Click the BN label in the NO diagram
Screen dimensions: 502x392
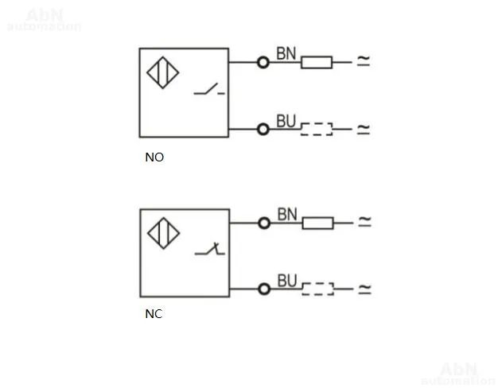pyautogui.click(x=286, y=53)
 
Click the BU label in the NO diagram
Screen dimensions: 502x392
pyautogui.click(x=286, y=122)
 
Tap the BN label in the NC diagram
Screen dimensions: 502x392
pyautogui.click(x=287, y=215)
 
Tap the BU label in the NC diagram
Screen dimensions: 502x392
pyautogui.click(x=287, y=281)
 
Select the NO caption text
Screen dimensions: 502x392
pyautogui.click(x=154, y=157)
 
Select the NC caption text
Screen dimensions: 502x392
pyautogui.click(x=154, y=314)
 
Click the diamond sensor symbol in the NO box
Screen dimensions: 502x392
pyautogui.click(x=163, y=72)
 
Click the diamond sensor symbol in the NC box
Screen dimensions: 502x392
pyautogui.click(x=164, y=233)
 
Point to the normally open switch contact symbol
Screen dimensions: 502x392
pyautogui.click(x=209, y=89)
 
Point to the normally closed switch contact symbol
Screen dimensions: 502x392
pyautogui.click(x=210, y=250)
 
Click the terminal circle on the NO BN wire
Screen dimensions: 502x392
pyautogui.click(x=263, y=62)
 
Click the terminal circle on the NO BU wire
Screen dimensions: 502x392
pyautogui.click(x=263, y=130)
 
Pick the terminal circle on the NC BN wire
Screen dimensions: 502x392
pyautogui.click(x=264, y=223)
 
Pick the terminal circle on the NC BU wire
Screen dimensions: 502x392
pyautogui.click(x=264, y=289)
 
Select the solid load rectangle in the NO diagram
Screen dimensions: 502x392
pyautogui.click(x=317, y=62)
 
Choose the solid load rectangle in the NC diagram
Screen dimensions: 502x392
pyautogui.click(x=318, y=223)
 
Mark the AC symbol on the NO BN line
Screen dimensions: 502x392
pyautogui.click(x=364, y=60)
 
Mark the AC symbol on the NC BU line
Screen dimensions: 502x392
pyautogui.click(x=365, y=289)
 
